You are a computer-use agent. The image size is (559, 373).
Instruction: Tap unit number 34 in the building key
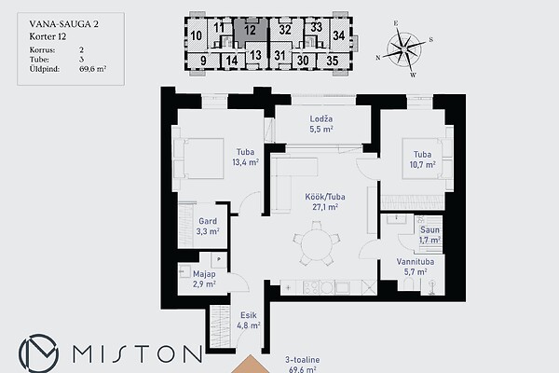[339, 35]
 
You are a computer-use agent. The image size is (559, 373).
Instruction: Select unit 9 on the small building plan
[203, 61]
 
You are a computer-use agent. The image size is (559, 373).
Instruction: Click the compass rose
[404, 48]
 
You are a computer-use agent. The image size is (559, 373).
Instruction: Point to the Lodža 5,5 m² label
[321, 124]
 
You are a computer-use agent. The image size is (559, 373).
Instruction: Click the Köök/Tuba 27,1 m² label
[325, 201]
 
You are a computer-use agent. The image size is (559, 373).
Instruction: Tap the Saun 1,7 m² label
[429, 235]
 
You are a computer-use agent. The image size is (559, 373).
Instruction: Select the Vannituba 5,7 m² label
[416, 267]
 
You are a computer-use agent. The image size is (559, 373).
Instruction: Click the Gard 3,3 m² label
[208, 227]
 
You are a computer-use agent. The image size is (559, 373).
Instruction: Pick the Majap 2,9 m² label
[204, 279]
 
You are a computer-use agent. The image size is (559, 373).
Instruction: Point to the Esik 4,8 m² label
[249, 320]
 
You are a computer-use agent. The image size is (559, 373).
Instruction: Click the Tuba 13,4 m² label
[245, 157]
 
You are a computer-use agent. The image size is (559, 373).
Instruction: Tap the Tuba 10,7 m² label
[422, 159]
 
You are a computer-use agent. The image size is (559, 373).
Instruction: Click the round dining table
[316, 243]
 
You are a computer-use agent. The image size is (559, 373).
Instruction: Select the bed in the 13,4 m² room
[198, 159]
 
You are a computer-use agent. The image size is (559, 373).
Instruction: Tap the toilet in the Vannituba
[408, 285]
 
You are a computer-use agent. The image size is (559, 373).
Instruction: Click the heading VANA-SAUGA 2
[63, 24]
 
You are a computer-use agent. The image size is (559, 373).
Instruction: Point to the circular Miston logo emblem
[38, 353]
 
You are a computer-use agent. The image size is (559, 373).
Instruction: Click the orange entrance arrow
[251, 364]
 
